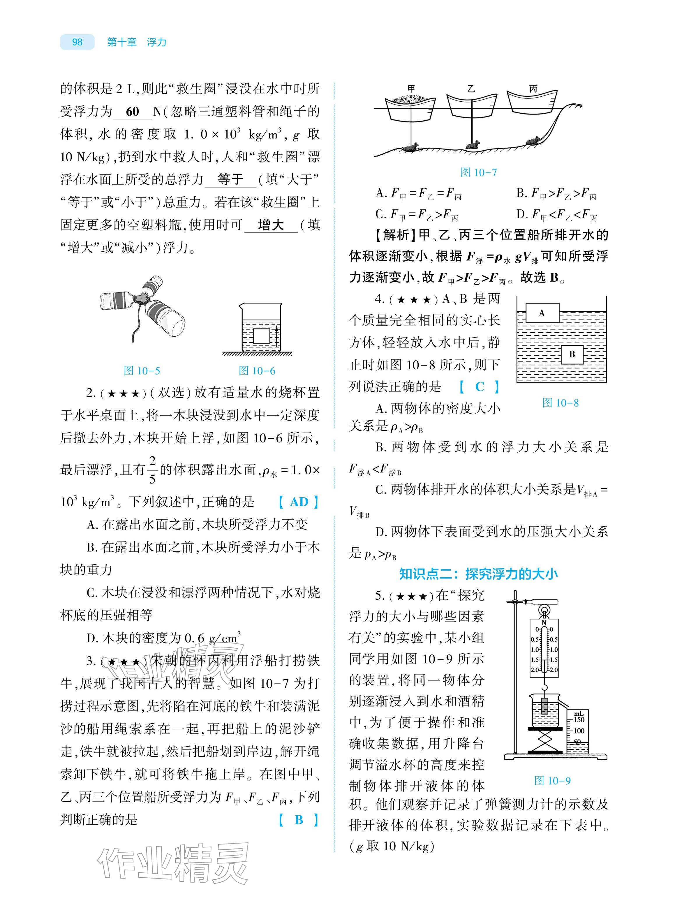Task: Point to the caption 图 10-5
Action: (142, 371)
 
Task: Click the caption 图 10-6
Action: (257, 371)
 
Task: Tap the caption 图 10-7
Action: (478, 172)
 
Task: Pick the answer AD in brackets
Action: (299, 502)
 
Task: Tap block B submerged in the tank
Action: (572, 354)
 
